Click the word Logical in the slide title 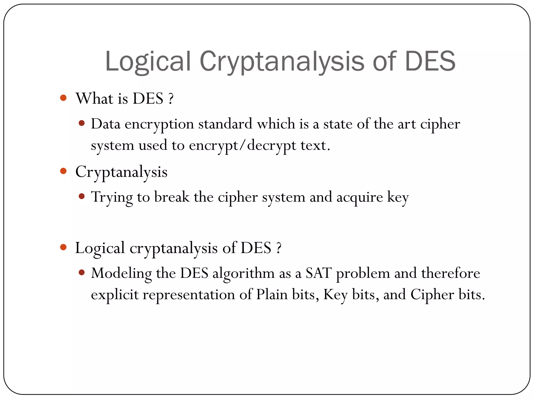click(148, 61)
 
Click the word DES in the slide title click(430, 61)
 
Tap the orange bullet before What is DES click(63, 98)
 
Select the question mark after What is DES click(171, 99)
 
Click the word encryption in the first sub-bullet click(159, 124)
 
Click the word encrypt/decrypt click(242, 146)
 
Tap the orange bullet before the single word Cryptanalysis click(63, 171)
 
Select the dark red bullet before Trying click(82, 196)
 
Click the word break click(172, 197)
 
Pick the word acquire click(360, 197)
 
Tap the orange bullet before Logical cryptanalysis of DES click(63, 247)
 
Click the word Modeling click(121, 274)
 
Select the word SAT click(318, 273)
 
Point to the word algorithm click(243, 274)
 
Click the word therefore click(450, 273)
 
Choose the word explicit click(115, 295)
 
